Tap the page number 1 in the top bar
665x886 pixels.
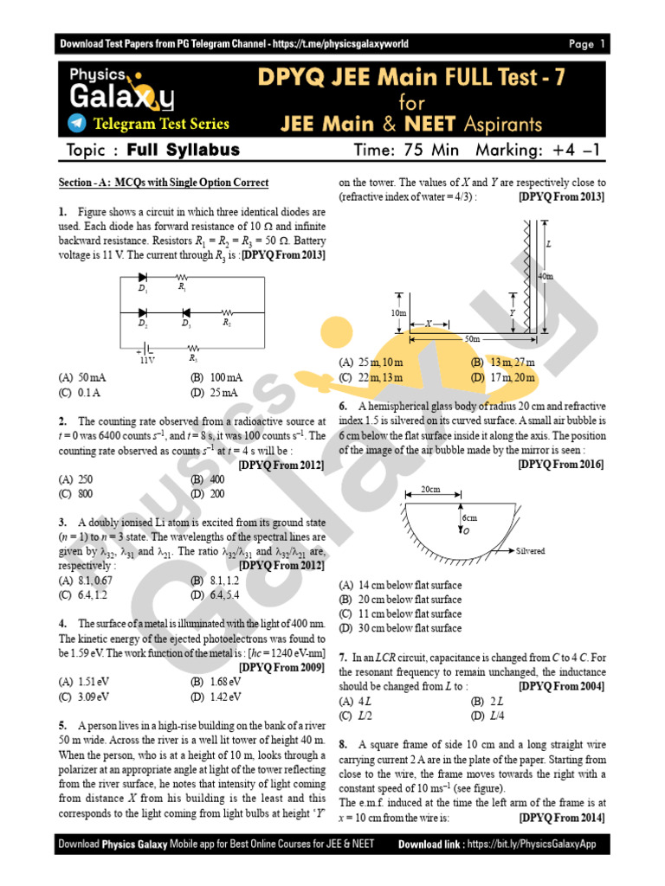pos(603,44)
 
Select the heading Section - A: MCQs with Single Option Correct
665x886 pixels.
pos(163,183)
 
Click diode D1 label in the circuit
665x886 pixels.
pos(143,289)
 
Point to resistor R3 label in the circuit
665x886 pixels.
pos(193,357)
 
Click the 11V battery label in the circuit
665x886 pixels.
pos(147,360)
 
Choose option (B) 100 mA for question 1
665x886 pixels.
pos(216,378)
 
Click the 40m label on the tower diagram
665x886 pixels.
pos(546,276)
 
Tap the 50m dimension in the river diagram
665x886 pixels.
pos(472,338)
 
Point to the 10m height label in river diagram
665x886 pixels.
pos(398,312)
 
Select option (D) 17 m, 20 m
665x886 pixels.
pos(503,377)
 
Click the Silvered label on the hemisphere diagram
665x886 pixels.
pos(530,550)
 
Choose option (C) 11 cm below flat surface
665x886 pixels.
pos(400,613)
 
